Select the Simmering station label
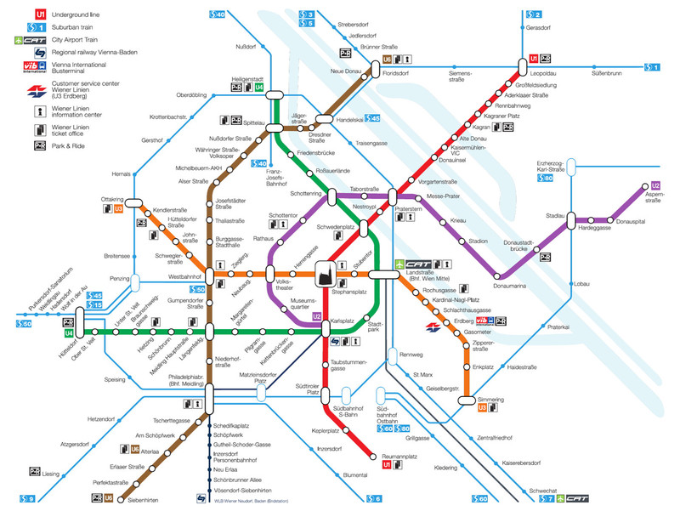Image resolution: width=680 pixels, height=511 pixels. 490,398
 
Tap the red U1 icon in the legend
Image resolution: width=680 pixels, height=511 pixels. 17,14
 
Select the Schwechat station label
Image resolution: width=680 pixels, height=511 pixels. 542,491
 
